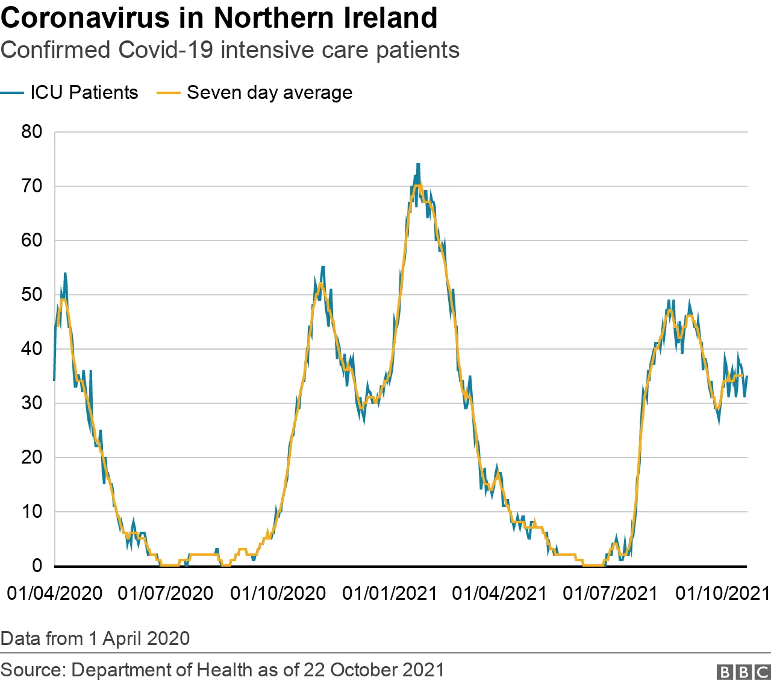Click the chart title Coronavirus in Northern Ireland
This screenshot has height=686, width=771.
[219, 18]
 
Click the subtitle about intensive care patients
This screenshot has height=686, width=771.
[229, 50]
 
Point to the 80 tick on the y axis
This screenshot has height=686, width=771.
[32, 132]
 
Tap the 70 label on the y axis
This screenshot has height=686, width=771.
[32, 186]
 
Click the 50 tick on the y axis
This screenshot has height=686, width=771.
[32, 295]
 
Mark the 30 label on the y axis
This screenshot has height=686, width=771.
[32, 403]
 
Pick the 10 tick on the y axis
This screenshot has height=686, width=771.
[32, 512]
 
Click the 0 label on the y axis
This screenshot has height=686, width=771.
[37, 565]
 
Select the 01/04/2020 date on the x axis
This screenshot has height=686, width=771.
[55, 593]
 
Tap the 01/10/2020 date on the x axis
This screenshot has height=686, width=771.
[278, 593]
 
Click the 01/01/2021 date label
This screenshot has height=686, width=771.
[390, 593]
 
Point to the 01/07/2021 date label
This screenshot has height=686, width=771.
[610, 593]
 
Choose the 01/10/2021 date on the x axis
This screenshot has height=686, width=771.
[722, 593]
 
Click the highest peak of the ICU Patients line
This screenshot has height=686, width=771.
[418, 164]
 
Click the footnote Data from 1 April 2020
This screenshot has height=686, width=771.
[95, 638]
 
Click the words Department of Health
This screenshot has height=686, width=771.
[161, 670]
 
